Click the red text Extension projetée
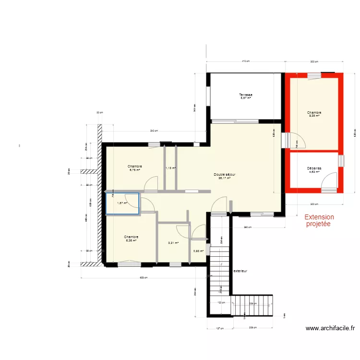click(x=319, y=221)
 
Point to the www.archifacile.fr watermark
click(x=330, y=329)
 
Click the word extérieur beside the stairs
click(x=240, y=271)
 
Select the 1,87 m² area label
click(x=122, y=203)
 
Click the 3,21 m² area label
click(x=173, y=243)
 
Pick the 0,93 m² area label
click(x=199, y=251)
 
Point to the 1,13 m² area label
click(x=171, y=168)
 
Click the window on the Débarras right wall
click(x=341, y=161)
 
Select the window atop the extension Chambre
click(x=314, y=74)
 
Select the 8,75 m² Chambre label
click(x=135, y=168)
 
